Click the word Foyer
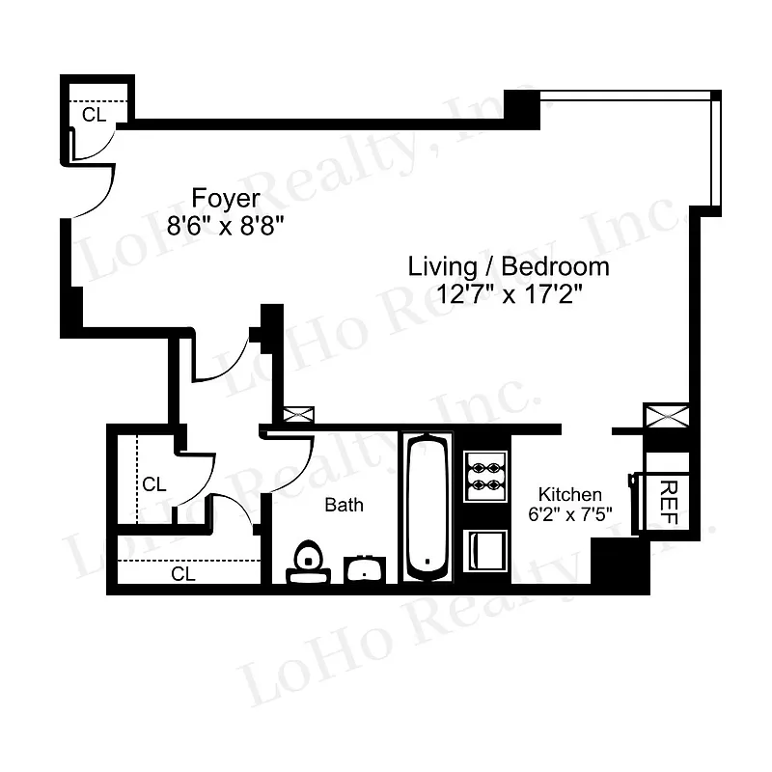pos(226,199)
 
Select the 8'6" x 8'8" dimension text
pos(226,227)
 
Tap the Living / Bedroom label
pos(509,266)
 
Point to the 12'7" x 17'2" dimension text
pos(509,294)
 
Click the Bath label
pos(344,505)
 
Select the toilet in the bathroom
pos(309,563)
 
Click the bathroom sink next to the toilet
pos(365,569)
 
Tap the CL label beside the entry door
pos(93,115)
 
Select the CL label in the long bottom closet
pos(183,574)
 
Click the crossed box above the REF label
pos(668,418)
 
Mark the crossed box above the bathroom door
pos(298,415)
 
